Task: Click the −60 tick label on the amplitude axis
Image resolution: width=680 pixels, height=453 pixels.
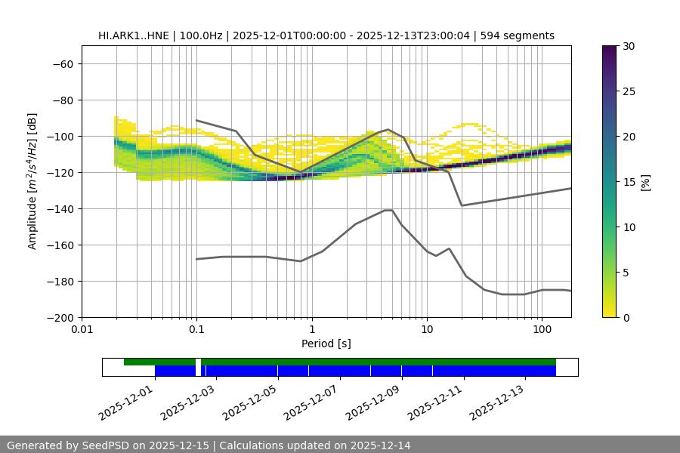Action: pyautogui.click(x=61, y=63)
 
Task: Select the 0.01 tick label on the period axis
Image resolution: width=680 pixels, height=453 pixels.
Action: pyautogui.click(x=82, y=330)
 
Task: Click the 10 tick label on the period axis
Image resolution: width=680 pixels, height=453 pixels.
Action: pyautogui.click(x=426, y=330)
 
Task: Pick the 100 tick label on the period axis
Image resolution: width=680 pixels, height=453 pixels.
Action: pyautogui.click(x=542, y=330)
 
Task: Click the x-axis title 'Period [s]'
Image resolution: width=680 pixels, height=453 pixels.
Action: pyautogui.click(x=326, y=344)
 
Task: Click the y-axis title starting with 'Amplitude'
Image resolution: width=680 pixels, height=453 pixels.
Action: pyautogui.click(x=32, y=181)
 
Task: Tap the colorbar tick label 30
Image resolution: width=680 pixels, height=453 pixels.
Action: pyautogui.click(x=629, y=46)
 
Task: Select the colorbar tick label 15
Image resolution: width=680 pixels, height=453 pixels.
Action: pyautogui.click(x=629, y=181)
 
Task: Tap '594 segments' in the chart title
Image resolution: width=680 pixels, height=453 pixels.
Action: pyautogui.click(x=521, y=35)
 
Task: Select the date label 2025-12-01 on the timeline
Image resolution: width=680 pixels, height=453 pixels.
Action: pyautogui.click(x=126, y=400)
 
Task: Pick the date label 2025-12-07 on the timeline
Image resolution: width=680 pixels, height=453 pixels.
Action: pyautogui.click(x=311, y=400)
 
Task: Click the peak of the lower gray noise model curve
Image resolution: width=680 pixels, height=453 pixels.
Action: pyautogui.click(x=388, y=210)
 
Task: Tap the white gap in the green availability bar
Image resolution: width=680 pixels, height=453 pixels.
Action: pyautogui.click(x=198, y=362)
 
